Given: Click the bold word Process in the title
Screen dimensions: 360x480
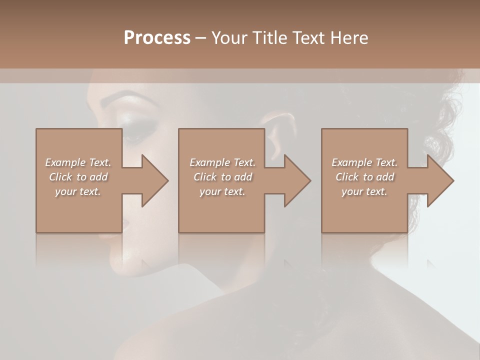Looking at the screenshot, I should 157,38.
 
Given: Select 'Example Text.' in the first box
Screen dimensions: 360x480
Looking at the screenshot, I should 78,162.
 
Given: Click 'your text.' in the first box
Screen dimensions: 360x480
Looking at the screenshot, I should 78,191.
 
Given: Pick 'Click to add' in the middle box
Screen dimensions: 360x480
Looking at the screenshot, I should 222,177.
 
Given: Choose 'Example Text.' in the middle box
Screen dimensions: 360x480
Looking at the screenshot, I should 222,162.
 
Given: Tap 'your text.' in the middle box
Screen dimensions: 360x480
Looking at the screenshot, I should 222,191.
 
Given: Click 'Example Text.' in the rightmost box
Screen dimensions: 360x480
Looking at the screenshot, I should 364,162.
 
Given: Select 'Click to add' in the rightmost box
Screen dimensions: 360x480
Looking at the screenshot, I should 364,177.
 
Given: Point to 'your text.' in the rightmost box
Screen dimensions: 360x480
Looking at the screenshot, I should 364,191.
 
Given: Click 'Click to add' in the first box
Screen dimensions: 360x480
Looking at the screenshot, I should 78,177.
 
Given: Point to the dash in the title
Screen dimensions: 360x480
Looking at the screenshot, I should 200,38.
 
